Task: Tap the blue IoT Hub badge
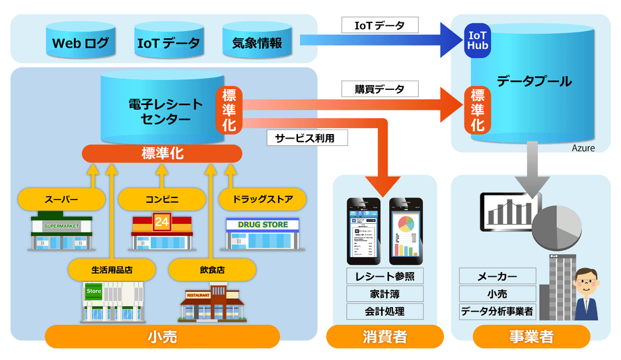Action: (478, 40)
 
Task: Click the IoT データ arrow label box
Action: (381, 26)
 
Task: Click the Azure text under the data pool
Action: (583, 149)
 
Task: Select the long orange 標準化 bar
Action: (163, 153)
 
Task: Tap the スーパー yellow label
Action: (61, 198)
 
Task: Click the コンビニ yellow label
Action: (162, 198)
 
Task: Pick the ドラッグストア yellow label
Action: (262, 198)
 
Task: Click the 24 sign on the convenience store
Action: (162, 222)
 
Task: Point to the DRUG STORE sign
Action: (262, 225)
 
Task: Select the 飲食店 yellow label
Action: (212, 269)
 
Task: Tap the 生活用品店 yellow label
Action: (112, 269)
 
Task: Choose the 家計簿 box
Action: (384, 294)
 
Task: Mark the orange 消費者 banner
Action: (384, 337)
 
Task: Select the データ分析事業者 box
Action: (497, 311)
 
